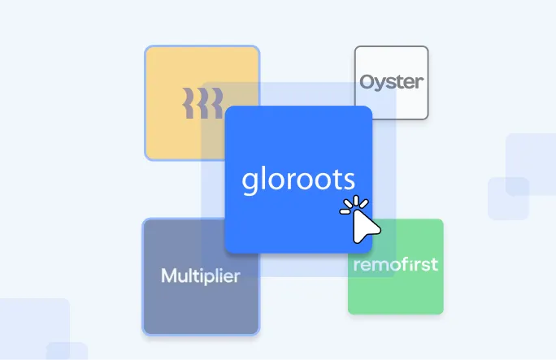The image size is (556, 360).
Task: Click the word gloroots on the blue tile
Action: click(298, 180)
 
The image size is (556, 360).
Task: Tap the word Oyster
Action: click(391, 83)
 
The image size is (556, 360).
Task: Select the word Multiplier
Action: click(200, 276)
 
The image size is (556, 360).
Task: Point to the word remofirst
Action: click(395, 264)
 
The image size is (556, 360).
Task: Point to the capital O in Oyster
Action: click(367, 83)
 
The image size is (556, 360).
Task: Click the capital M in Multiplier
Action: click(168, 276)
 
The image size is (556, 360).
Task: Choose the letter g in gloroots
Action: click(250, 182)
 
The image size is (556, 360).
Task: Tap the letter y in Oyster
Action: click(380, 85)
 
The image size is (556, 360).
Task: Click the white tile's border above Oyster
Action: click(391, 46)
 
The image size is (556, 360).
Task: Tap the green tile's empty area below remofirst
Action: click(396, 293)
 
